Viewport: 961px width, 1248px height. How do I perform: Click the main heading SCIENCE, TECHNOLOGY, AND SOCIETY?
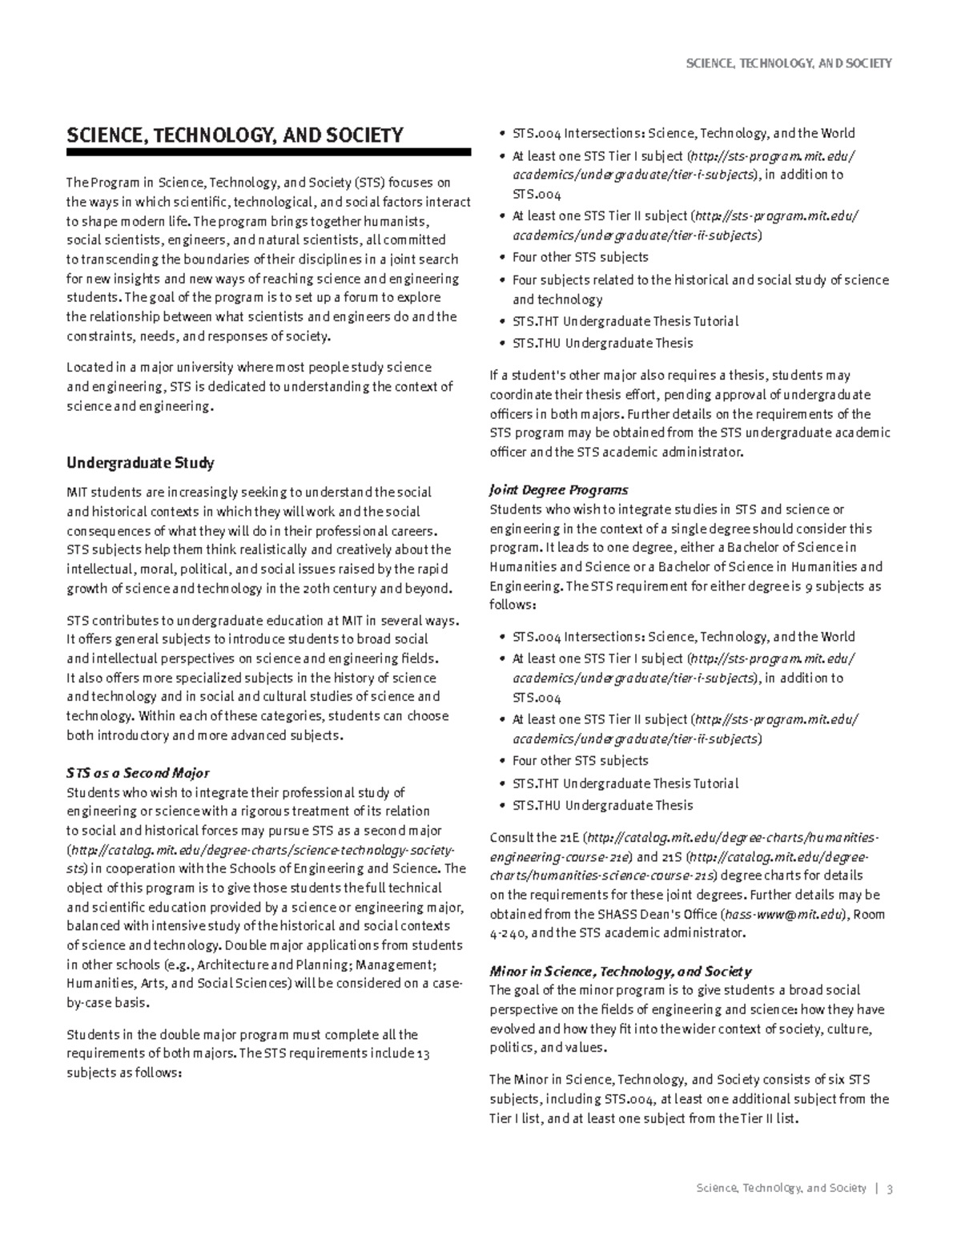[x=235, y=135]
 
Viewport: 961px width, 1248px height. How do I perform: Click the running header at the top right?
[x=789, y=63]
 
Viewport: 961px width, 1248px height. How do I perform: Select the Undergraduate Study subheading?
[x=140, y=463]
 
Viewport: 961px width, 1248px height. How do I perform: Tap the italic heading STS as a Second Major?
[x=138, y=773]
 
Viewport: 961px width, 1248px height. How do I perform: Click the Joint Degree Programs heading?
[x=558, y=489]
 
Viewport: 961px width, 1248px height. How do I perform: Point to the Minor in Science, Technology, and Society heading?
[x=620, y=971]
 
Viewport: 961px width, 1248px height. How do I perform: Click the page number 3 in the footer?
[x=890, y=1188]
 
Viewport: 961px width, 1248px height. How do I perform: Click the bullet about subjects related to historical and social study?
[x=700, y=280]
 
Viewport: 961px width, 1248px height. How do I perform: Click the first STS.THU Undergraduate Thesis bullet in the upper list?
[x=602, y=343]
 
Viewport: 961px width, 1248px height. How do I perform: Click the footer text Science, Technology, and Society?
[x=782, y=1188]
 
